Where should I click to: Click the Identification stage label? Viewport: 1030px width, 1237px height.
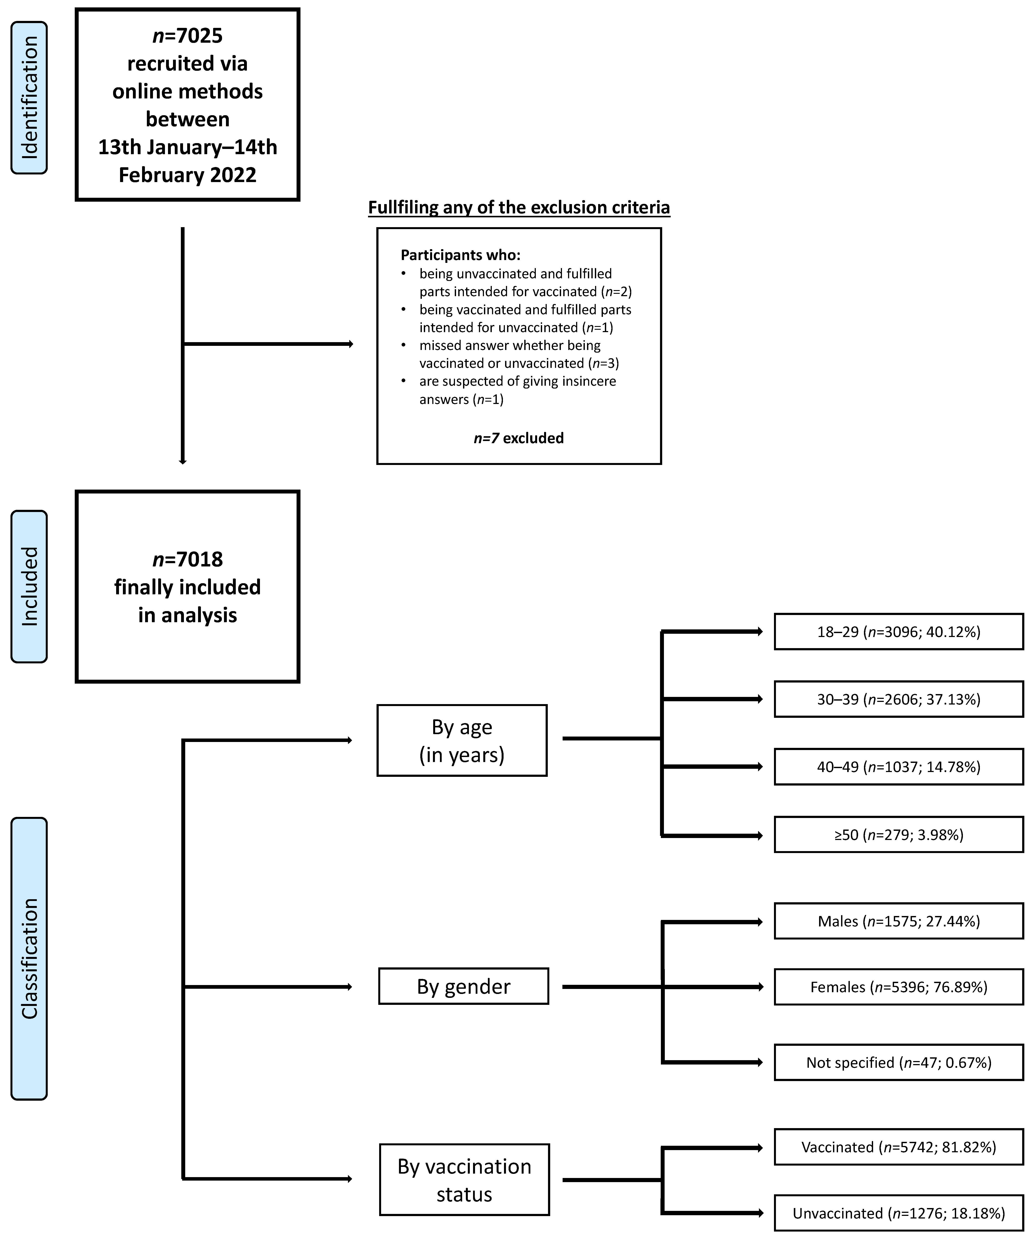29,98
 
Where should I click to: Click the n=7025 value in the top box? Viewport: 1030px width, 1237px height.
187,36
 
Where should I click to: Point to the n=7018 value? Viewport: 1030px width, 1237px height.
187,559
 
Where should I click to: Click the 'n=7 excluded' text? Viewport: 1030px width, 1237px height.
519,438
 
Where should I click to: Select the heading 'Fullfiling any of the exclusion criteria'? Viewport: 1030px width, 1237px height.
519,207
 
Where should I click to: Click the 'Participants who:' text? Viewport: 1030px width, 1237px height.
460,255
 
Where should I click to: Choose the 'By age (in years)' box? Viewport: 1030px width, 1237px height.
462,740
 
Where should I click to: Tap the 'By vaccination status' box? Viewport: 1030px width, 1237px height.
464,1179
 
